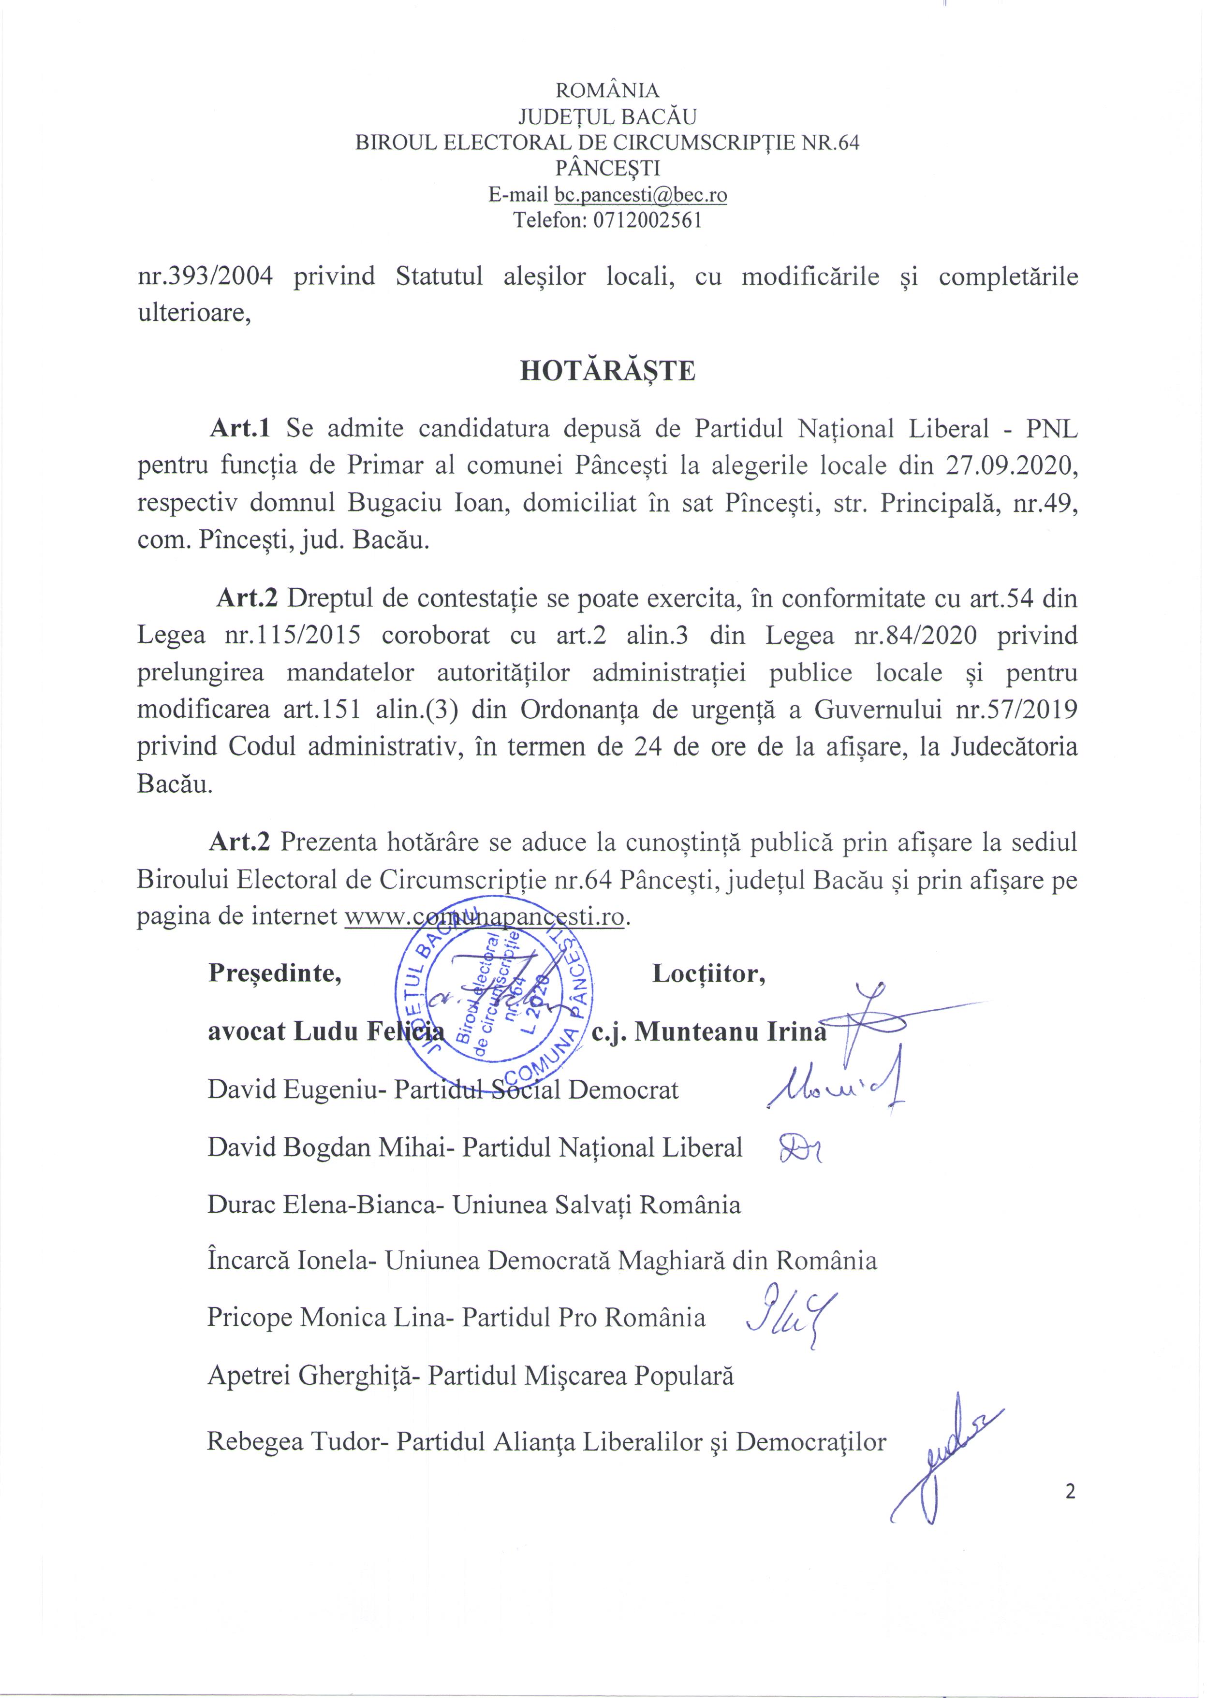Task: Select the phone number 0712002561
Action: point(648,220)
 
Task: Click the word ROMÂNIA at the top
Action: point(607,90)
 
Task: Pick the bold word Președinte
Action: point(274,973)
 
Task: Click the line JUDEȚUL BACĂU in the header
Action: point(607,116)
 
